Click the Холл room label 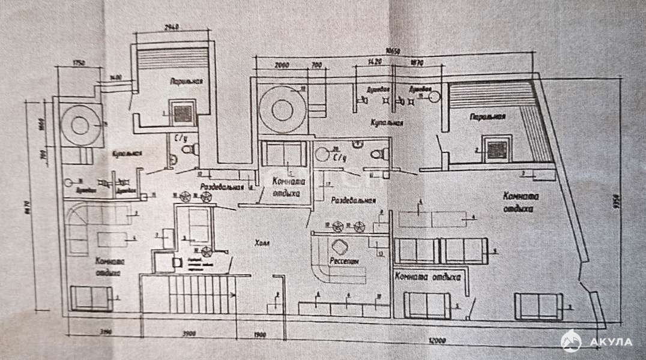[x=262, y=243]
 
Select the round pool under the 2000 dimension [x=281, y=110]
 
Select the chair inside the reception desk [x=339, y=247]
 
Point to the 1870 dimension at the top [x=417, y=62]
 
